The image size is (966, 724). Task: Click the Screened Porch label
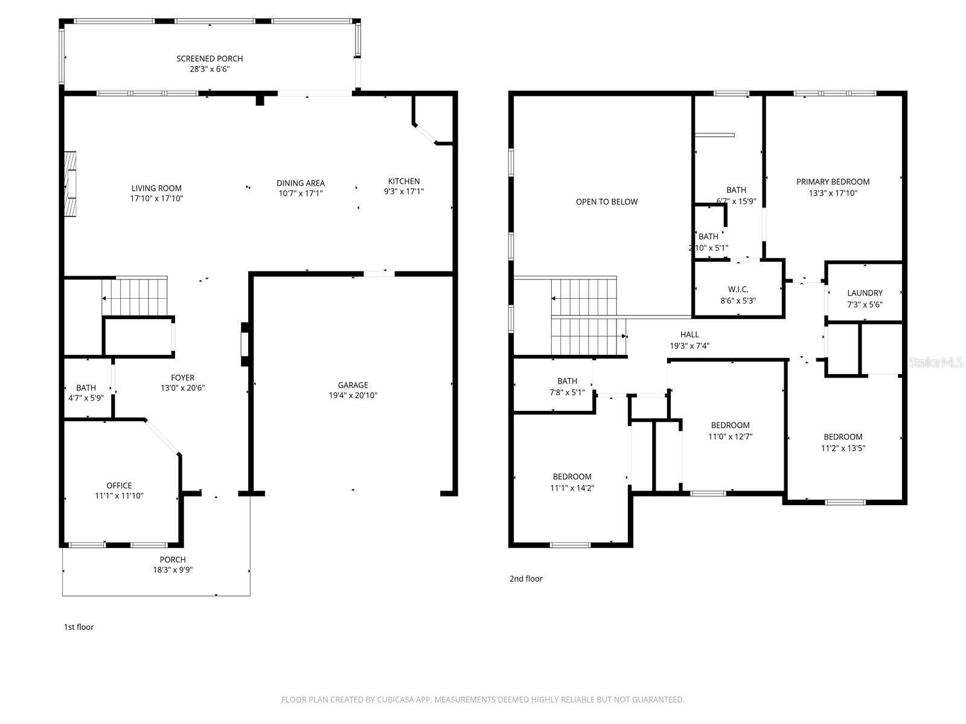(210, 59)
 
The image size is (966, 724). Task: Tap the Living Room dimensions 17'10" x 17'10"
(156, 198)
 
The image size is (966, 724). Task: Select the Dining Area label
(301, 183)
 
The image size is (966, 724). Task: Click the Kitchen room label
(403, 181)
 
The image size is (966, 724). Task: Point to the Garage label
(353, 385)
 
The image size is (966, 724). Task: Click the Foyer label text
(182, 378)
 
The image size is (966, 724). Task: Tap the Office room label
(119, 485)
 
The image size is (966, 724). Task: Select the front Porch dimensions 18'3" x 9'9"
(173, 570)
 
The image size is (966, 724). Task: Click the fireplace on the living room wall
(71, 183)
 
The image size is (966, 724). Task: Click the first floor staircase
(134, 297)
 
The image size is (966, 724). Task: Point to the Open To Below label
(606, 202)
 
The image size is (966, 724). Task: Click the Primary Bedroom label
(833, 182)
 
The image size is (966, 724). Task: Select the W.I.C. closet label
(738, 290)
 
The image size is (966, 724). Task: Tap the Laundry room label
(865, 293)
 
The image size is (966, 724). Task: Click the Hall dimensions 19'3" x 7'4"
(689, 346)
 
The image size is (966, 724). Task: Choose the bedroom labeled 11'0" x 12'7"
(730, 431)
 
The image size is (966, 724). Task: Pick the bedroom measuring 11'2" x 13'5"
(843, 442)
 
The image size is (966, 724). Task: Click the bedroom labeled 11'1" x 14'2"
(572, 482)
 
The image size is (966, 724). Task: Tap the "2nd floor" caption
(526, 579)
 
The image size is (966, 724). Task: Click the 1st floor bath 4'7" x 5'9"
(86, 393)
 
